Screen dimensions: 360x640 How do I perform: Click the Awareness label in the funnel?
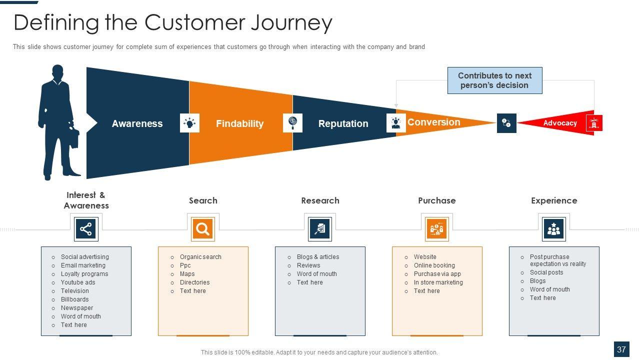pos(137,123)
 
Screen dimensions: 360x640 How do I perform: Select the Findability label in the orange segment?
pos(239,123)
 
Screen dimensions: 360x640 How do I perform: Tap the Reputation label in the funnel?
pos(343,123)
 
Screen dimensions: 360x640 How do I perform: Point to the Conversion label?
pos(433,122)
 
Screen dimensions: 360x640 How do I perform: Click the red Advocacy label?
pos(560,123)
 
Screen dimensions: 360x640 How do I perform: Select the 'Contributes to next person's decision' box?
pos(494,80)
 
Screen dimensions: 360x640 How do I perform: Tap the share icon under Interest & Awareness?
pos(86,229)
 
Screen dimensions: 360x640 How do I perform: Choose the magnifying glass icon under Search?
pos(202,229)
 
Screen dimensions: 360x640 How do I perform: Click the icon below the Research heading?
pos(319,229)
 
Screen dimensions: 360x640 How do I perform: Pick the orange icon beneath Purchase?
pos(437,229)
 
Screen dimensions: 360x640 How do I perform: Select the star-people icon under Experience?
pos(553,229)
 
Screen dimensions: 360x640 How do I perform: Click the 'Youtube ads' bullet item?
pos(78,282)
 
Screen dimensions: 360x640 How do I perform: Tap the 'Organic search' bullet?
pos(200,257)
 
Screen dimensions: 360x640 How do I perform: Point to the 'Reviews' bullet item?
pos(308,265)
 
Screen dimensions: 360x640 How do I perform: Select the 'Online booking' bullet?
pos(434,265)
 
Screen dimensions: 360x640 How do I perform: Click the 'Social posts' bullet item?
pos(546,272)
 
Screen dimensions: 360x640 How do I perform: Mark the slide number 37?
pos(621,349)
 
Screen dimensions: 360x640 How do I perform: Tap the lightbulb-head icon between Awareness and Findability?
pos(189,123)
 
